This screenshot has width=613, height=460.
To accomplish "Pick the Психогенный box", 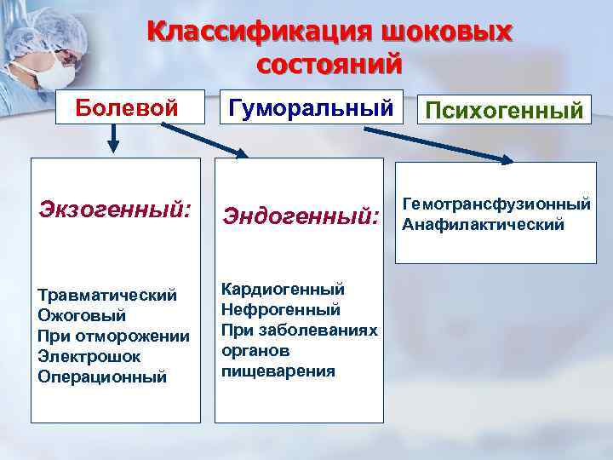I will pos(505,110).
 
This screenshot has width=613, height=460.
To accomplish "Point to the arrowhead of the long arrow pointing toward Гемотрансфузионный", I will pos(506,158).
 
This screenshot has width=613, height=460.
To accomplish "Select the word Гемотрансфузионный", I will pos(496,204).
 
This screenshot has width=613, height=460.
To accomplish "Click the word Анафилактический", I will pos(483,225).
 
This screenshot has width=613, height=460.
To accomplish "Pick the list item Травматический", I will pos(107,295).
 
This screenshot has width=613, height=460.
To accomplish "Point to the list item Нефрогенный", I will pos(280,309).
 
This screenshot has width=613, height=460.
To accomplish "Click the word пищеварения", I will pos(278,371).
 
